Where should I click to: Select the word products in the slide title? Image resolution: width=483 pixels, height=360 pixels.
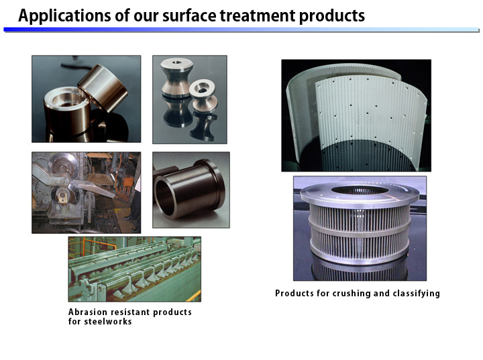click(332, 16)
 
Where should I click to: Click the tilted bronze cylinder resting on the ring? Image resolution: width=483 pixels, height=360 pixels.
click(103, 88)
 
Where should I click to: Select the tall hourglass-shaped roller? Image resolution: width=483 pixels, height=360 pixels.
click(176, 78)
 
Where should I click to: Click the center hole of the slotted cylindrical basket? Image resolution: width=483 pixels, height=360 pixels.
click(360, 190)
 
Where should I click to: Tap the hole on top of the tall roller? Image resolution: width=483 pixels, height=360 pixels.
click(177, 62)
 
